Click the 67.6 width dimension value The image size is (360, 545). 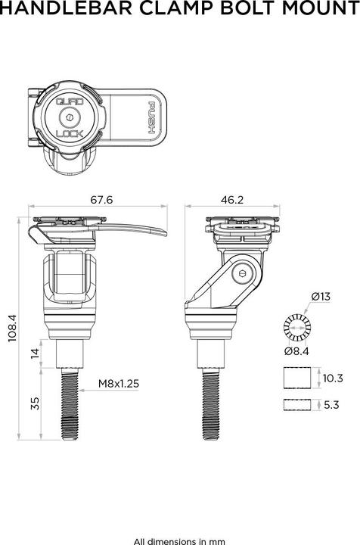101,200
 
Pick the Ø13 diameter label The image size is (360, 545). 320,296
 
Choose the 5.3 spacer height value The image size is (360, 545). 331,405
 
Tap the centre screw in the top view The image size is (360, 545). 70,117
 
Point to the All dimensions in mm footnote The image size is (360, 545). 179,541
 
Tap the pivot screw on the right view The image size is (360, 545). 241,274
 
